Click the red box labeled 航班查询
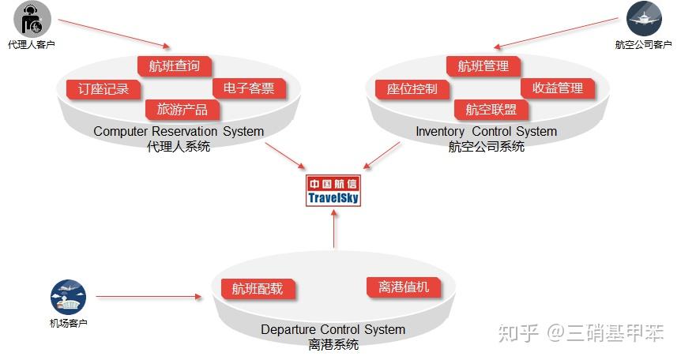(x=175, y=66)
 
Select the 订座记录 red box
(x=103, y=88)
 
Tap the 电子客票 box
(x=249, y=88)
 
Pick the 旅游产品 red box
(x=182, y=110)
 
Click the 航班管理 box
(x=483, y=66)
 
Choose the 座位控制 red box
(x=412, y=88)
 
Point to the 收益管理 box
(x=558, y=88)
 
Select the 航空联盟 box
(x=491, y=110)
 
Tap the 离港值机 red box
(x=404, y=287)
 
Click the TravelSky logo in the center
(x=333, y=190)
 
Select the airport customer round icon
(x=68, y=297)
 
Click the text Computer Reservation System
(x=179, y=131)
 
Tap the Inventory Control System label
(x=486, y=131)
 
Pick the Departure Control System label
(x=333, y=329)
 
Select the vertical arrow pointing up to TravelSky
(x=333, y=230)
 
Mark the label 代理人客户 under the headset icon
(x=32, y=45)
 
